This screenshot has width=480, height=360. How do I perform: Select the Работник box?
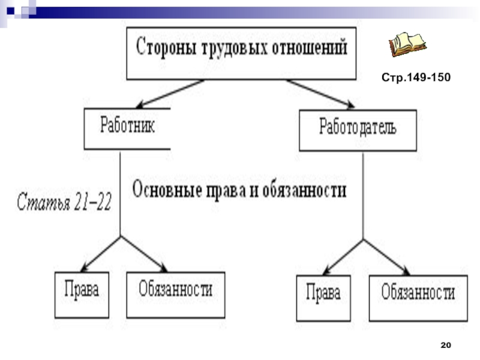(x=127, y=128)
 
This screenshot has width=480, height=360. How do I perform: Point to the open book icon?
(x=407, y=44)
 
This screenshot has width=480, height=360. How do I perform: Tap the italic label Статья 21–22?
(x=63, y=201)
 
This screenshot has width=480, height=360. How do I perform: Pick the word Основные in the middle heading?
(x=169, y=191)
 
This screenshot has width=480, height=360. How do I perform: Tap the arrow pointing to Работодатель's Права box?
(x=343, y=257)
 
